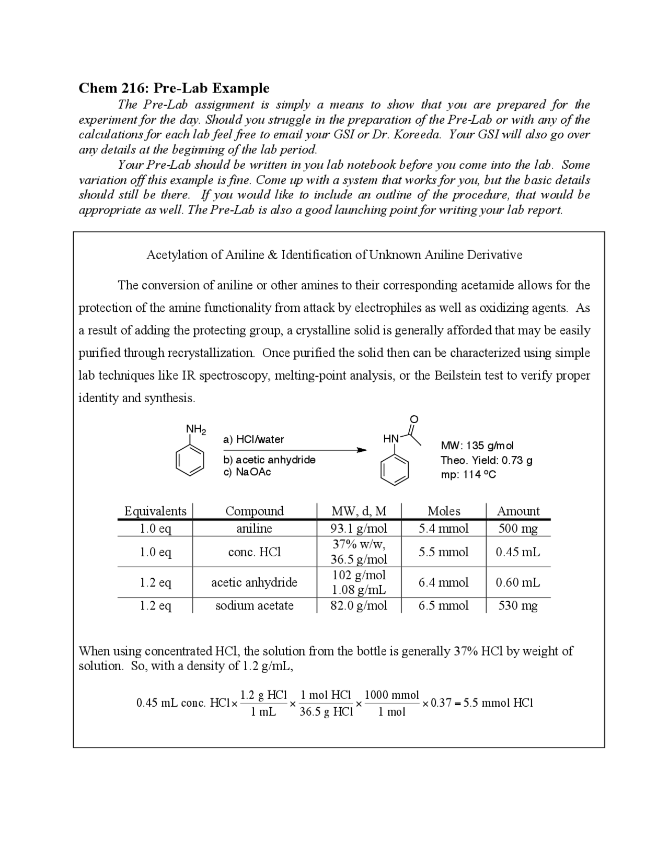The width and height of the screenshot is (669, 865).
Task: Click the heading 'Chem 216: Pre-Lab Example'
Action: click(x=174, y=88)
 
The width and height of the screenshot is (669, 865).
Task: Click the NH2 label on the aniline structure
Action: click(x=195, y=429)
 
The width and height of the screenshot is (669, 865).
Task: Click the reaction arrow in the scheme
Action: click(x=295, y=450)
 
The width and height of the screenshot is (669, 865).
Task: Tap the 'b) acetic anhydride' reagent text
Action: click(x=269, y=460)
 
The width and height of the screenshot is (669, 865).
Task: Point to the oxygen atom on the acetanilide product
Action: click(x=414, y=419)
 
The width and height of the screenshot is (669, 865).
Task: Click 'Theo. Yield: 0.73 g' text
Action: click(x=487, y=460)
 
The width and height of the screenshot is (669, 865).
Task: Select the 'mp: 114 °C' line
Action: click(x=468, y=474)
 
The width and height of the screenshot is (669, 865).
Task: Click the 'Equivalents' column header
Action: click(x=155, y=511)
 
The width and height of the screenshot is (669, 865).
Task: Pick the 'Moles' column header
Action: click(x=444, y=511)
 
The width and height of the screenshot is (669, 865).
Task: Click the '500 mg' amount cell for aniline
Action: click(x=517, y=529)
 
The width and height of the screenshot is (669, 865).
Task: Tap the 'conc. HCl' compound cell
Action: click(x=255, y=552)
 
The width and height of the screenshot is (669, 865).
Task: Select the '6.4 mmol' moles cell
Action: click(x=444, y=582)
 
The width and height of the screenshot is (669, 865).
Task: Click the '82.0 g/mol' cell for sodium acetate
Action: click(x=359, y=605)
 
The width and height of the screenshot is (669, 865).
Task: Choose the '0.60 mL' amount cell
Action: click(x=517, y=582)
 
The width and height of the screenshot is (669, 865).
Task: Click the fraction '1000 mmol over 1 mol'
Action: click(x=391, y=703)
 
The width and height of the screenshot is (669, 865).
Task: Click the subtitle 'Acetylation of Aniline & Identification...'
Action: click(x=334, y=255)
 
